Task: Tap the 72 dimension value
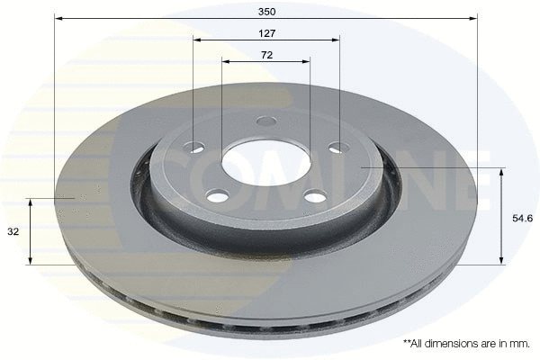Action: (x=265, y=55)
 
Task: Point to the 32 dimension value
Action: (x=13, y=231)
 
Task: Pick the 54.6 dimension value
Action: (x=522, y=217)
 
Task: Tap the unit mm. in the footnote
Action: (x=519, y=344)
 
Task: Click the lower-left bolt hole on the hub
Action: (x=216, y=195)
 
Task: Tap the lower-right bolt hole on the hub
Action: (x=314, y=195)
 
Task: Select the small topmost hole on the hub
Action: (x=265, y=121)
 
